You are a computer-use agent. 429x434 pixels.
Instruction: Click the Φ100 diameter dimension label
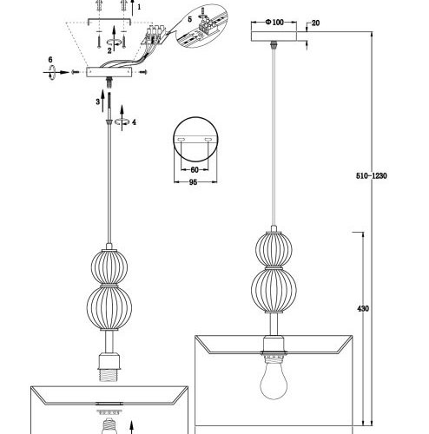274,23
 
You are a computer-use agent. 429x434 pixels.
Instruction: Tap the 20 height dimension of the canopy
315,23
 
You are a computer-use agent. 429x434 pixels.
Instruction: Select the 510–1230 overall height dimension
372,175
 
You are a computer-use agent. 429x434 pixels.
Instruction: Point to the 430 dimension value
363,309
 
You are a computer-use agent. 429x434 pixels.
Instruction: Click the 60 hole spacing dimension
195,170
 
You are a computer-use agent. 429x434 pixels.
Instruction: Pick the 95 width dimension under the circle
193,182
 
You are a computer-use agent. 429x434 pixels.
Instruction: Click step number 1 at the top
139,7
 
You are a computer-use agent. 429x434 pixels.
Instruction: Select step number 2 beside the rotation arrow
109,50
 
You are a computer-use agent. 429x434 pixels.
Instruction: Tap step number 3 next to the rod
98,102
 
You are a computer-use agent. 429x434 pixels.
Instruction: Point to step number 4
134,122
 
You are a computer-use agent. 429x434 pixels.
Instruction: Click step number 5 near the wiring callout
190,19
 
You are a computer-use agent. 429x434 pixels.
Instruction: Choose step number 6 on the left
50,60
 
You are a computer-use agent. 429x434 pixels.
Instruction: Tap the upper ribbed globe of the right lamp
274,249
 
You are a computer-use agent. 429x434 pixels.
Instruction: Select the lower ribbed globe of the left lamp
109,307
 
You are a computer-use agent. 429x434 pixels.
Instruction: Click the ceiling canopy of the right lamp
274,36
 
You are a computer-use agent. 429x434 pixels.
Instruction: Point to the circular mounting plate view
195,139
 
